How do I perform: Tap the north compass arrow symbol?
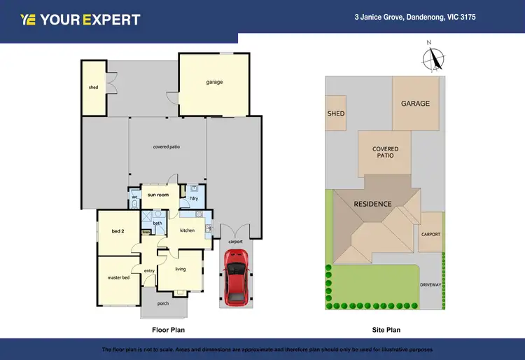pyautogui.click(x=435, y=57)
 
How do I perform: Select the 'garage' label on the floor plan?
pyautogui.click(x=214, y=82)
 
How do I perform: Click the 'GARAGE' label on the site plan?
pyautogui.click(x=415, y=104)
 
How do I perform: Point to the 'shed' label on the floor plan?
pyautogui.click(x=93, y=88)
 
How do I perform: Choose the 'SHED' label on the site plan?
pyautogui.click(x=336, y=113)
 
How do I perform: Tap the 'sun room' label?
pyautogui.click(x=158, y=195)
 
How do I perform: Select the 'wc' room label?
pyautogui.click(x=134, y=198)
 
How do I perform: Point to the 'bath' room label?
pyautogui.click(x=157, y=223)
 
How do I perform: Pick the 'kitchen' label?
pyautogui.click(x=187, y=230)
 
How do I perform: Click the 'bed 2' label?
pyautogui.click(x=118, y=230)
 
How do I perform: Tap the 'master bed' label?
pyautogui.click(x=118, y=277)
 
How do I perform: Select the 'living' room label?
pyautogui.click(x=180, y=268)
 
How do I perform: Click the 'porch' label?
pyautogui.click(x=162, y=303)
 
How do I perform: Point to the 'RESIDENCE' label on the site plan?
pyautogui.click(x=372, y=205)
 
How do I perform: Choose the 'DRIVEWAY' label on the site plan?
pyautogui.click(x=430, y=285)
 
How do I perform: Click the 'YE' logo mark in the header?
pyautogui.click(x=28, y=20)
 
